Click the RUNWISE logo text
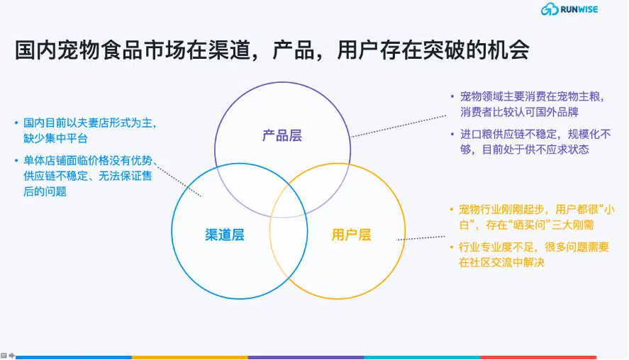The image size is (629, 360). click(579, 9)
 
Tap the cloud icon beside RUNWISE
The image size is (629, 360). click(550, 9)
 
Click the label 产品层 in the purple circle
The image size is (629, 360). click(282, 135)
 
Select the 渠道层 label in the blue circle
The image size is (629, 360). click(225, 235)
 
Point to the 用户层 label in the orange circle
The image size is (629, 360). click(352, 235)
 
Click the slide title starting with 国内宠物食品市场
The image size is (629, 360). click(272, 50)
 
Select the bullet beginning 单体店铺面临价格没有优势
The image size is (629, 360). click(85, 176)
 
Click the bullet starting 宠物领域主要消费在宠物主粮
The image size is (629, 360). click(529, 104)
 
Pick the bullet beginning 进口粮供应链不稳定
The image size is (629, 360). click(531, 142)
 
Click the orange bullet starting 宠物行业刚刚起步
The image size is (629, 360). click(532, 217)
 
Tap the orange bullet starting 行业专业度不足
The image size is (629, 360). click(530, 254)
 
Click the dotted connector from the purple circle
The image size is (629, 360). click(398, 126)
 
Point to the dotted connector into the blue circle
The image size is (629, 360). click(178, 180)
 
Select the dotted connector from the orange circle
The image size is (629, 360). click(421, 238)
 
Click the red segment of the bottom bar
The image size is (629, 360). click(538, 357)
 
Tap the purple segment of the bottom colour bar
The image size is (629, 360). click(306, 357)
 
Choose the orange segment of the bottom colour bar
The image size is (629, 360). click(190, 357)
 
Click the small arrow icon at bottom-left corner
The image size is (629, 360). click(11, 355)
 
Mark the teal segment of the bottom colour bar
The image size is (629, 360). click(423, 357)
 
